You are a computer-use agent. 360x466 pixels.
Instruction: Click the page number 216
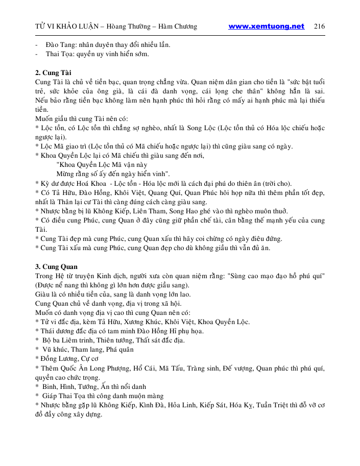[x=320, y=27]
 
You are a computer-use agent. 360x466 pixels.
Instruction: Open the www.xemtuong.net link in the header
[x=266, y=27]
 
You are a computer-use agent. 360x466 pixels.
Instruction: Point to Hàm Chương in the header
[x=178, y=27]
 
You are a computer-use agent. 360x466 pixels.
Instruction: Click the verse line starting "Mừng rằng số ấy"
[x=106, y=174]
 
